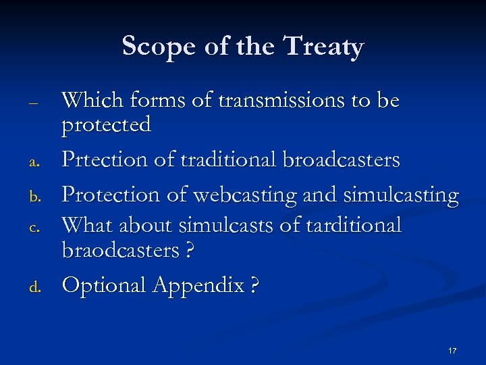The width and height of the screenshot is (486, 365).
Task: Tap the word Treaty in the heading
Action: click(324, 47)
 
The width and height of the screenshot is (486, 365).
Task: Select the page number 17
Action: click(452, 351)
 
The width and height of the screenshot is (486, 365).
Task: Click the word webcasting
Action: click(238, 195)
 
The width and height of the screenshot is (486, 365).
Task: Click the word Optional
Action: click(105, 285)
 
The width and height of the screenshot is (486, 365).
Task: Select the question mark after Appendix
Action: click(253, 285)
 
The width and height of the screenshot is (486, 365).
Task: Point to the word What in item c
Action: click(86, 224)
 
